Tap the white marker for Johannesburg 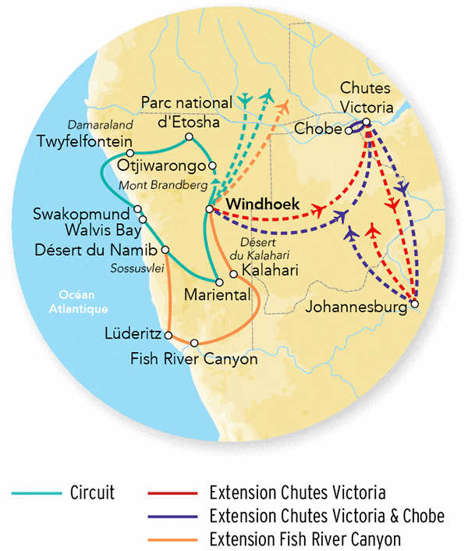414,304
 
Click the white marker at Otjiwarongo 211,165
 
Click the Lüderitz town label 132,334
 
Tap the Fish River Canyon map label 193,361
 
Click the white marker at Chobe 349,130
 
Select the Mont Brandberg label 162,186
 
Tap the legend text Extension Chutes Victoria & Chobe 327,516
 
